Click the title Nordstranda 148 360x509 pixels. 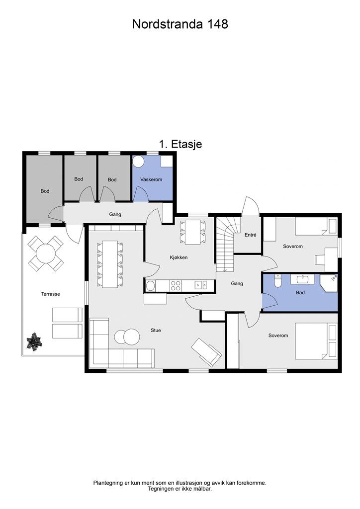click(x=180, y=24)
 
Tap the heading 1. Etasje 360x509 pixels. click(x=180, y=144)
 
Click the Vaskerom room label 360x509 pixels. click(x=151, y=179)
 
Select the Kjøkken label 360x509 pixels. click(x=179, y=257)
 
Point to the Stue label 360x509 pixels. click(x=156, y=330)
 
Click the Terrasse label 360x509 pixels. click(x=50, y=294)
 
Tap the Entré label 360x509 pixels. click(x=250, y=235)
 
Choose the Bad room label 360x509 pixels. click(x=300, y=292)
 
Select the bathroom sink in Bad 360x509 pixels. click(x=302, y=279)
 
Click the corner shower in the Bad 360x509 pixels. click(x=329, y=283)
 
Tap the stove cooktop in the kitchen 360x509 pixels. click(x=176, y=285)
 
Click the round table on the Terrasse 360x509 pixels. click(x=46, y=253)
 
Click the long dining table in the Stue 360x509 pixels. click(x=110, y=264)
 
